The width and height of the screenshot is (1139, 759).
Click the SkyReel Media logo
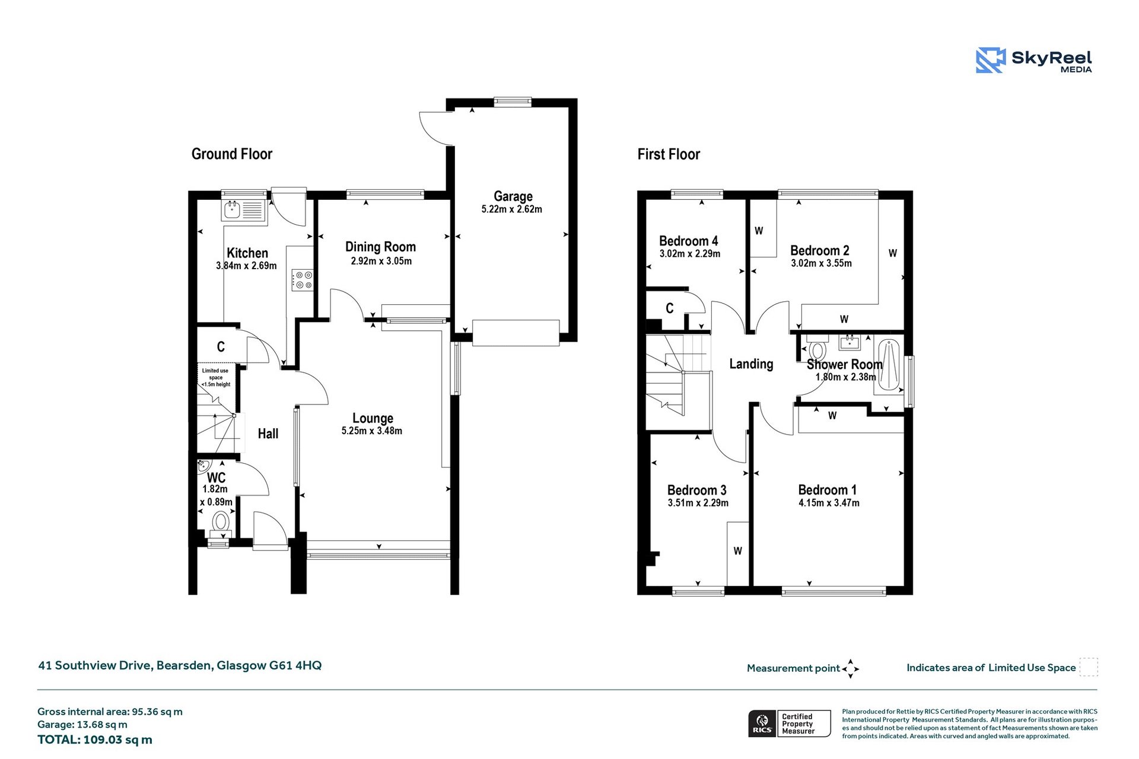[x=1033, y=60]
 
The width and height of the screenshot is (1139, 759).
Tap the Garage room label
[x=513, y=196]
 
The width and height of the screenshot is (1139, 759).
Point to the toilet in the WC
[x=221, y=523]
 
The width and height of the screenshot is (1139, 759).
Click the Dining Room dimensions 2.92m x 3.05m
[x=381, y=261]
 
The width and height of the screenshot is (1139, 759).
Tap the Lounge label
[x=373, y=418]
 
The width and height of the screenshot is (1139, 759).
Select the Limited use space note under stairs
[x=215, y=378]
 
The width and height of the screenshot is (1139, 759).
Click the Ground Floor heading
[x=231, y=154]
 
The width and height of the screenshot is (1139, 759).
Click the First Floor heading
[x=669, y=154]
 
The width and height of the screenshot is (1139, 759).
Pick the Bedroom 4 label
[x=688, y=241]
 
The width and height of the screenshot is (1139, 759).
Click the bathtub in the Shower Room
[x=888, y=365]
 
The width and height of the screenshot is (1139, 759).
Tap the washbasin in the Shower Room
[x=850, y=342]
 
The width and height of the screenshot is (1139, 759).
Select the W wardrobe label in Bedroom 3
[x=737, y=551]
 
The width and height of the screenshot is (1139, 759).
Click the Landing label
[x=751, y=363]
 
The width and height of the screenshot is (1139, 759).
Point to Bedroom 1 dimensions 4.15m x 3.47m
[x=829, y=503]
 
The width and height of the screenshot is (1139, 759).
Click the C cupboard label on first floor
[x=669, y=308]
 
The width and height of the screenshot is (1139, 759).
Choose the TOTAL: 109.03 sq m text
[x=95, y=739]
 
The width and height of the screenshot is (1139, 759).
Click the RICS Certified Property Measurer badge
[x=789, y=723]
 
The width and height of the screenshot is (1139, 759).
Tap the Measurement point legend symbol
[x=850, y=668]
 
